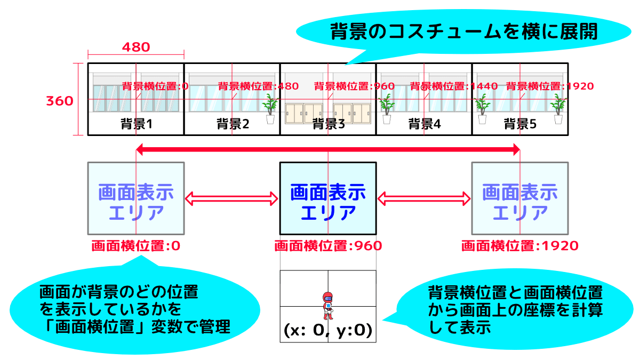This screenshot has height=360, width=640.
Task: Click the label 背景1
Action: (136, 124)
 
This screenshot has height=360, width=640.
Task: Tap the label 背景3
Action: (328, 124)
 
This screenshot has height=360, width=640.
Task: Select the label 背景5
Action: (520, 124)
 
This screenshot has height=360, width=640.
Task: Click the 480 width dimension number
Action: (136, 47)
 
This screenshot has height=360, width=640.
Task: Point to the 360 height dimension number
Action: (59, 101)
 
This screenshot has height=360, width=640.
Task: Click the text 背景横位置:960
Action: (354, 86)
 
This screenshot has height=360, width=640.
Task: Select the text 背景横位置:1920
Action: (549, 86)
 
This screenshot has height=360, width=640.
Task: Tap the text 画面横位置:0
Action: (136, 246)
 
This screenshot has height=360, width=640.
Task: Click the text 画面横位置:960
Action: (328, 246)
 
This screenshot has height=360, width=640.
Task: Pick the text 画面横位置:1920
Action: (520, 246)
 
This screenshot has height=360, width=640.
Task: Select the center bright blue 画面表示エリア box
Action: (328, 198)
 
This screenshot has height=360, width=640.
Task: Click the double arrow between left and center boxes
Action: (232, 199)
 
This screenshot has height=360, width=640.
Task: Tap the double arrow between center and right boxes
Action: (424, 199)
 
